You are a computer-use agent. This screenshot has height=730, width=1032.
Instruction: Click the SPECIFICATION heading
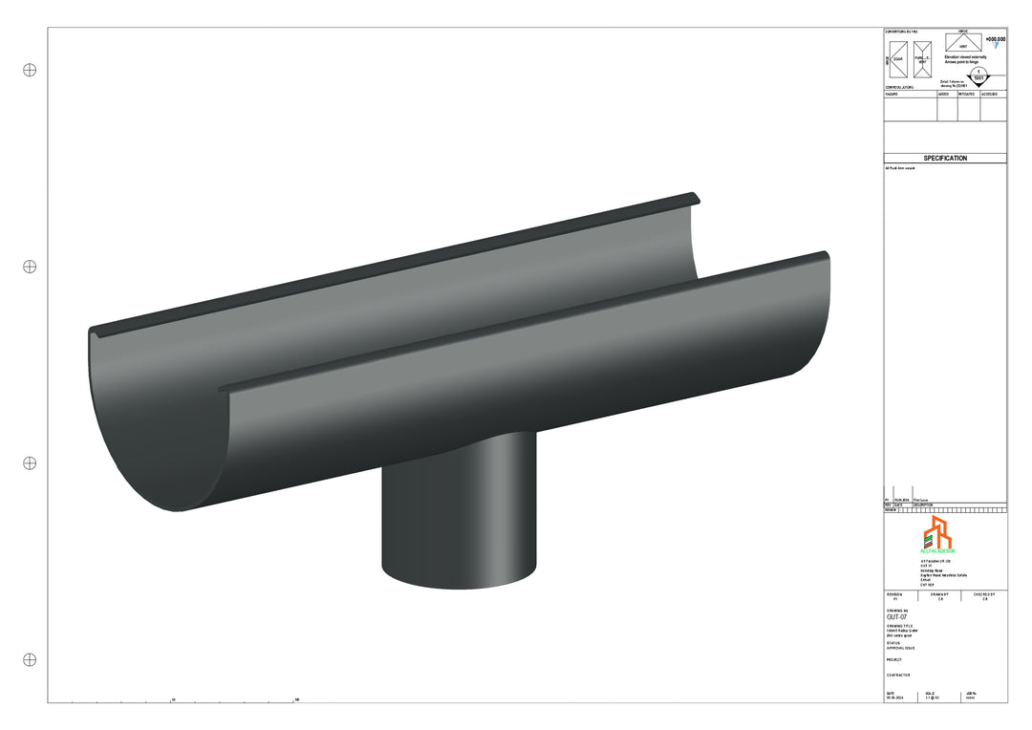coord(944,159)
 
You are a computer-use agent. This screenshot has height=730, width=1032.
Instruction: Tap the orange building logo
coord(936,533)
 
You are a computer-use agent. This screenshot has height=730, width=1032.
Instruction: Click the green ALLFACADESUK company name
coord(937,551)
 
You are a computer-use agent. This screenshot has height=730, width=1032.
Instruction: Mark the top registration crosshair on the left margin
coord(30,70)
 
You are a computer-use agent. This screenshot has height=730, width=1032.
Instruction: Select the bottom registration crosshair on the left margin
coord(30,659)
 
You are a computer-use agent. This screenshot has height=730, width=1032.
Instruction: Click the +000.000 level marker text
coord(995,40)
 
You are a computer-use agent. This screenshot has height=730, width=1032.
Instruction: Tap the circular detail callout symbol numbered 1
coord(978,75)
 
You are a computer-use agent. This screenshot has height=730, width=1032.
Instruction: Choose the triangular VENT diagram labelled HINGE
coord(963,42)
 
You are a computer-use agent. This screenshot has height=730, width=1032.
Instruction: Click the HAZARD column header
coord(892,95)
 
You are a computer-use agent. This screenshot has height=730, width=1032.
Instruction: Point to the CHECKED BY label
coord(983,593)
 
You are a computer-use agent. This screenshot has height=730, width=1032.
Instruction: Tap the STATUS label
coord(893,643)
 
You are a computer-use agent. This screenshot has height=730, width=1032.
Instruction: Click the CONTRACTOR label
coord(898,675)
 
